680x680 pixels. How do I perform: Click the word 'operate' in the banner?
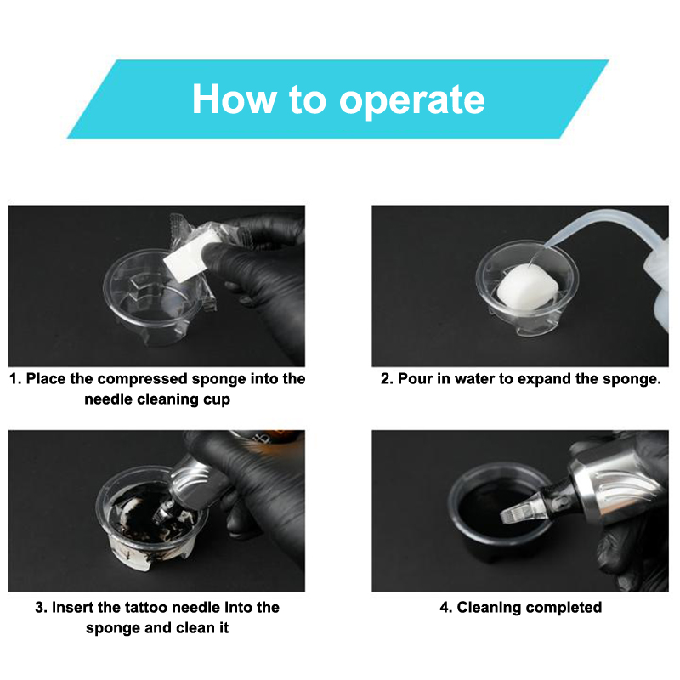[411, 100]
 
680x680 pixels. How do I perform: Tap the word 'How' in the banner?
[235, 99]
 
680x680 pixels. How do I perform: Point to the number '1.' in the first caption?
[15, 378]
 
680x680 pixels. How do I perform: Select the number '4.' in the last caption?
[445, 607]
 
